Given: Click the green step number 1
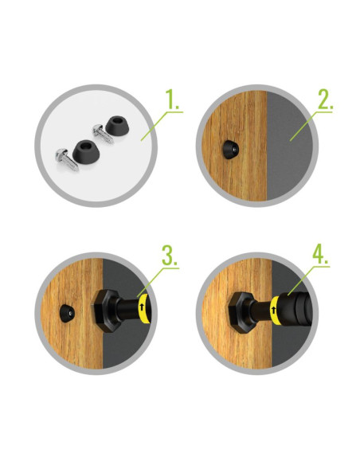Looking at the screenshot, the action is tap(172, 100).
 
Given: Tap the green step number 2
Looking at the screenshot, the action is tap(325, 100).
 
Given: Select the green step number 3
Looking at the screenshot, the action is tap(170, 256).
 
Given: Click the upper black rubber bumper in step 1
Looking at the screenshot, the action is tap(117, 125).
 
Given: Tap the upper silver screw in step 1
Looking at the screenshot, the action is tap(103, 134).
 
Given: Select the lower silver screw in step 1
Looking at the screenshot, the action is tap(67, 159).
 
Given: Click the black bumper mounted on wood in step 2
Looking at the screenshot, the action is tap(229, 150).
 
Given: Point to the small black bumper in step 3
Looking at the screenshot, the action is tap(67, 313).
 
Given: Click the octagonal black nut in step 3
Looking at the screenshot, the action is tap(106, 311).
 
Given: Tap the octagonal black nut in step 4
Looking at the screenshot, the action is tap(241, 313).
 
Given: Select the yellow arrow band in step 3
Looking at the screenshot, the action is tap(143, 308).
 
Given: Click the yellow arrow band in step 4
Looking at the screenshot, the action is tap(275, 311).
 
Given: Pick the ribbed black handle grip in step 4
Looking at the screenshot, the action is tap(296, 309).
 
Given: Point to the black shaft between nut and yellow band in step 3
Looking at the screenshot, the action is tap(127, 309).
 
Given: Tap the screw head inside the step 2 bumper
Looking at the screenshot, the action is tap(234, 150).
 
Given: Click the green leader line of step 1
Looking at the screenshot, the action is tap(162, 126).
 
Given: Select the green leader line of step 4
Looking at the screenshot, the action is tap(308, 280).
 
